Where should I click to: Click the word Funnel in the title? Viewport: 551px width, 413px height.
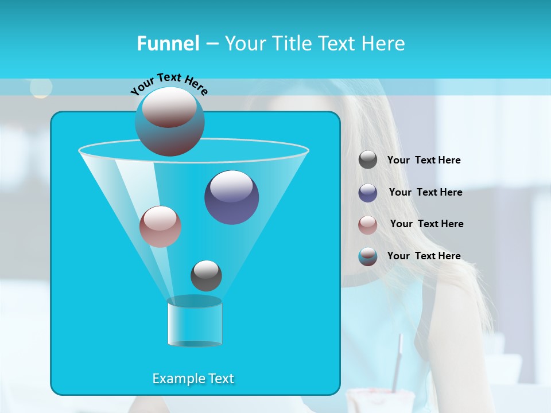[x=168, y=44]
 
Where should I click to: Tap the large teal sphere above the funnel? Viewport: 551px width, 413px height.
[x=169, y=122]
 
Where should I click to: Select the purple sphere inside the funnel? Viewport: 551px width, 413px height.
[x=231, y=197]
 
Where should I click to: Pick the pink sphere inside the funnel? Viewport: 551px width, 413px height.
[x=160, y=227]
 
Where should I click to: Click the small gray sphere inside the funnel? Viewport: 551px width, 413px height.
[x=206, y=275]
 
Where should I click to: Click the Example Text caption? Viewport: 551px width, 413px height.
[x=193, y=379]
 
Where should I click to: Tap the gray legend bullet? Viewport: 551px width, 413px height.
[x=368, y=160]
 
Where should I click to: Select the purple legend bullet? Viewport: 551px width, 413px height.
[x=368, y=193]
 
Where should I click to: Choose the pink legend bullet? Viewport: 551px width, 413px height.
[x=368, y=225]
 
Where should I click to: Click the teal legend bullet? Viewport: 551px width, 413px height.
[x=368, y=256]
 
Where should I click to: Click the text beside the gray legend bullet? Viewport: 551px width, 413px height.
[x=424, y=160]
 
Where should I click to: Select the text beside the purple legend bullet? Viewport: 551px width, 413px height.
[x=425, y=192]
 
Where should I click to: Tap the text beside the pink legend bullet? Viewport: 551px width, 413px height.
[x=426, y=224]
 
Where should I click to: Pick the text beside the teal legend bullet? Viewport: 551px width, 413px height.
[x=424, y=256]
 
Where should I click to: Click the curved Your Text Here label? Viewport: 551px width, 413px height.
[x=169, y=82]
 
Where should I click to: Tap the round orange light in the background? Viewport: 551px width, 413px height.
[x=41, y=88]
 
